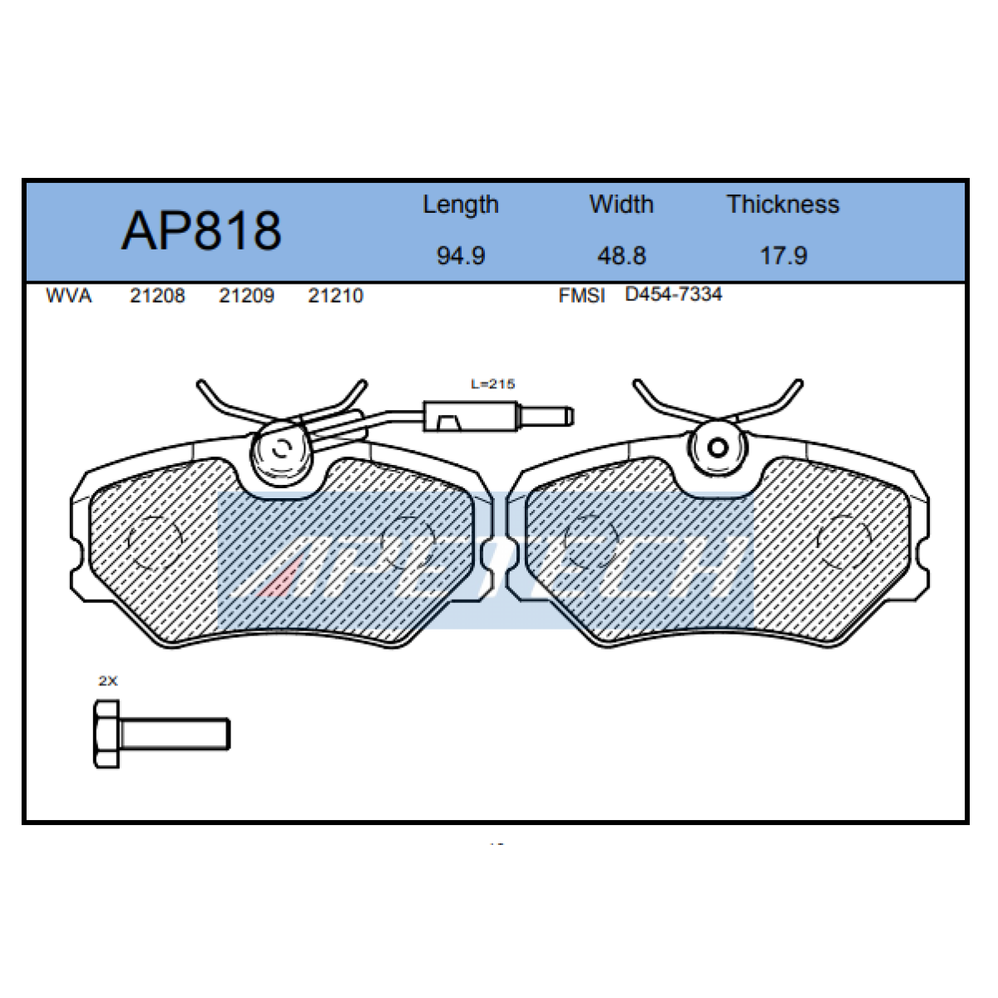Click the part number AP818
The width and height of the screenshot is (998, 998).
(x=201, y=230)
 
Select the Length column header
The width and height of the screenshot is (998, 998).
(x=460, y=205)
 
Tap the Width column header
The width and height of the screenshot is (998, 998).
(x=621, y=205)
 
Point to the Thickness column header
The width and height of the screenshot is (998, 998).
(x=783, y=205)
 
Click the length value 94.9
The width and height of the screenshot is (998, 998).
(x=460, y=255)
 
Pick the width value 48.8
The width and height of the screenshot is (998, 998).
(x=621, y=255)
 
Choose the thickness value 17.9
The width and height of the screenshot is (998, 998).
(x=783, y=255)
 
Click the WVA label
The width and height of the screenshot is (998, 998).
(x=68, y=296)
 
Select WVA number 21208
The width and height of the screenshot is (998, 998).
(x=157, y=296)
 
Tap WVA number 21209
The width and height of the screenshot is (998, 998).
(x=246, y=296)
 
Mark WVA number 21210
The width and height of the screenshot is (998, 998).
(x=335, y=296)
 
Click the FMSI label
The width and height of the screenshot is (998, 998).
(x=581, y=296)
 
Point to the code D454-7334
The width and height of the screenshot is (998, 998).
(x=673, y=294)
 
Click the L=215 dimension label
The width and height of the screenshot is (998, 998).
(x=492, y=384)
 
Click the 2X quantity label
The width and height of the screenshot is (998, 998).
(x=108, y=681)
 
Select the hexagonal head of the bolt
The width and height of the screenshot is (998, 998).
(x=106, y=734)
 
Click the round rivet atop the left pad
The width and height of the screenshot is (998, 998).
(x=281, y=449)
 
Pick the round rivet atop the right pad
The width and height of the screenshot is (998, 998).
(x=718, y=447)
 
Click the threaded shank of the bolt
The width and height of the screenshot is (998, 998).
(x=175, y=734)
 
